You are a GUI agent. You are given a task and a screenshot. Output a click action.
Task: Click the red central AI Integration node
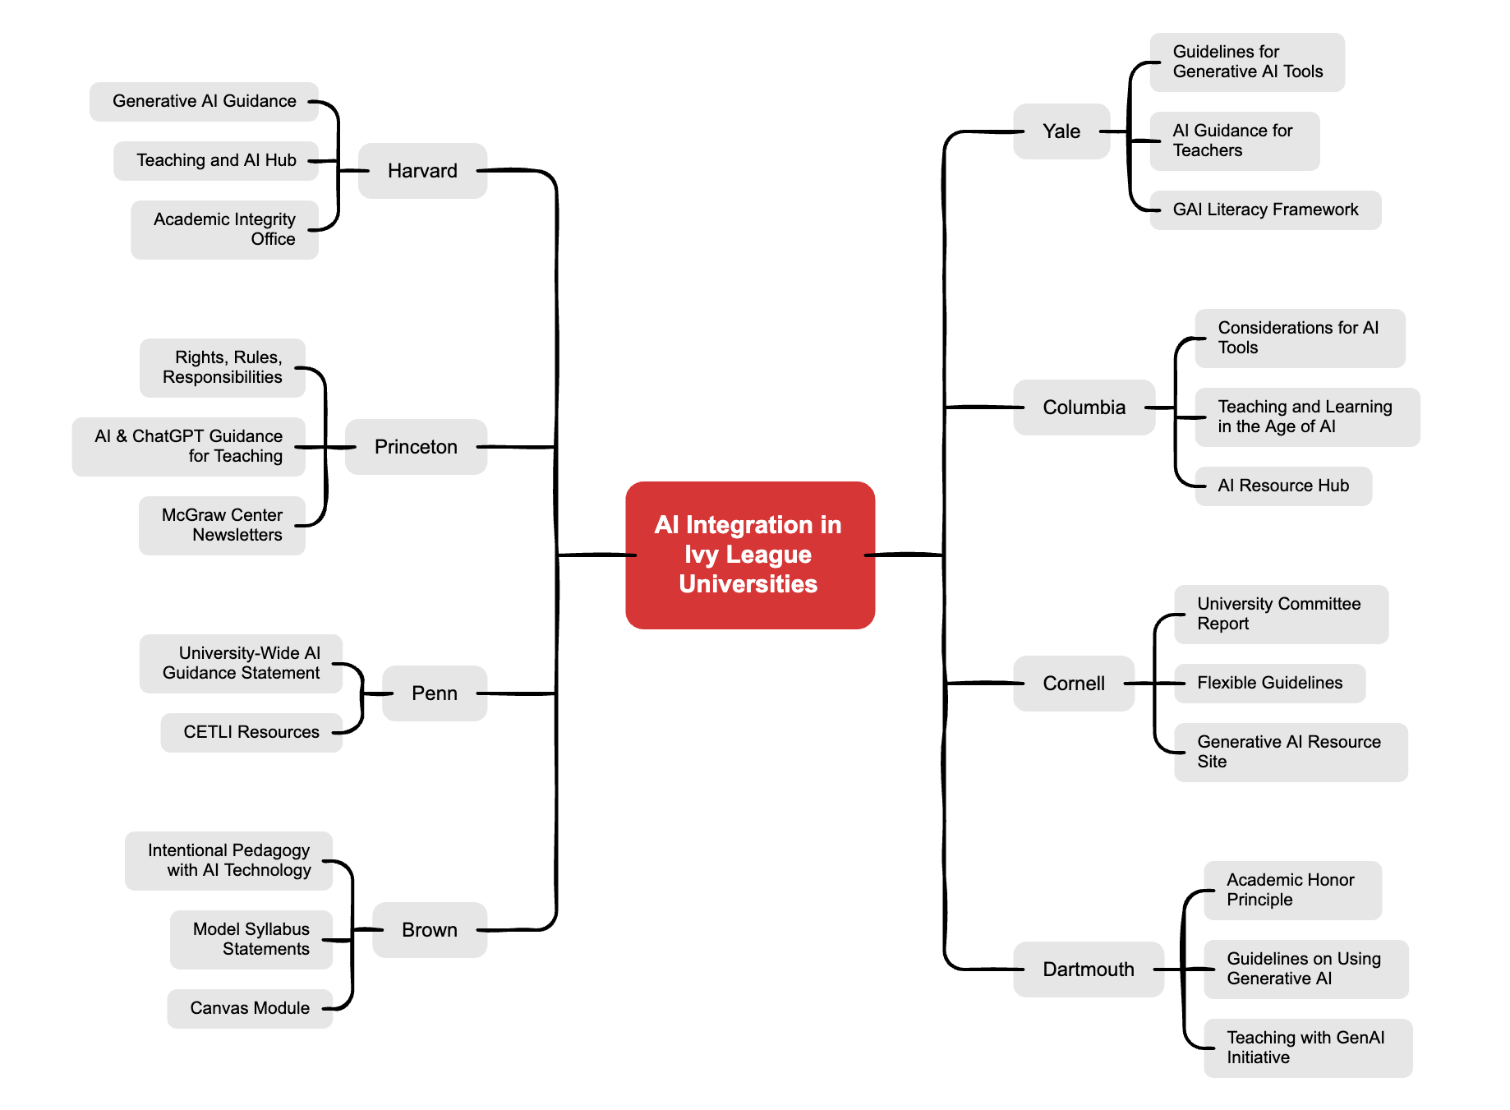749,555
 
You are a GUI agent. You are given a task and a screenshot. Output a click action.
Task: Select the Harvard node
422,171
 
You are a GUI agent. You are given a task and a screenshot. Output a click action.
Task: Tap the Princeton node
416,447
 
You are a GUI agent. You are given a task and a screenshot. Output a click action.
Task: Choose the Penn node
434,693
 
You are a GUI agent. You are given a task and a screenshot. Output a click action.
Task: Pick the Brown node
429,930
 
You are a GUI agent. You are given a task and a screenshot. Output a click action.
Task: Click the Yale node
1061,131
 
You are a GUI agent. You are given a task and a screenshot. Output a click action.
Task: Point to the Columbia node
1084,408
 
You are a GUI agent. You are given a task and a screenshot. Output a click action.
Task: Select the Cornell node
1073,684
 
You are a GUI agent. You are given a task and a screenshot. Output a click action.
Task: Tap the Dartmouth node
1088,970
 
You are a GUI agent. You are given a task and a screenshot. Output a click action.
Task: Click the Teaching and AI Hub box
216,160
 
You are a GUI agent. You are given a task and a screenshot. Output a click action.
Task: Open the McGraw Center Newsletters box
222,525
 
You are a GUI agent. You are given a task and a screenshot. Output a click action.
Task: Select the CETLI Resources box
251,732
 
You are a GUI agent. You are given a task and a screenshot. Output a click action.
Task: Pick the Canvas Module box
250,1008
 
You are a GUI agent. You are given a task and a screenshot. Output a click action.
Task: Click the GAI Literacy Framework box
1265,210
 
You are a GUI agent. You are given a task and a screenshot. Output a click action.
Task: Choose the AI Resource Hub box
1282,486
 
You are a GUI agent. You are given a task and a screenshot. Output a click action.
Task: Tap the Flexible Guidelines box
1269,683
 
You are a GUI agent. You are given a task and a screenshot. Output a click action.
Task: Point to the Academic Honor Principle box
1291,890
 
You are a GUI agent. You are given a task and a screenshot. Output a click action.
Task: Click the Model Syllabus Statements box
251,939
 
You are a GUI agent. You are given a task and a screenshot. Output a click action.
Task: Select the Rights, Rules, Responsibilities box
223,367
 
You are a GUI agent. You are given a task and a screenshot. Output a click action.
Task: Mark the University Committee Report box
1280,614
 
